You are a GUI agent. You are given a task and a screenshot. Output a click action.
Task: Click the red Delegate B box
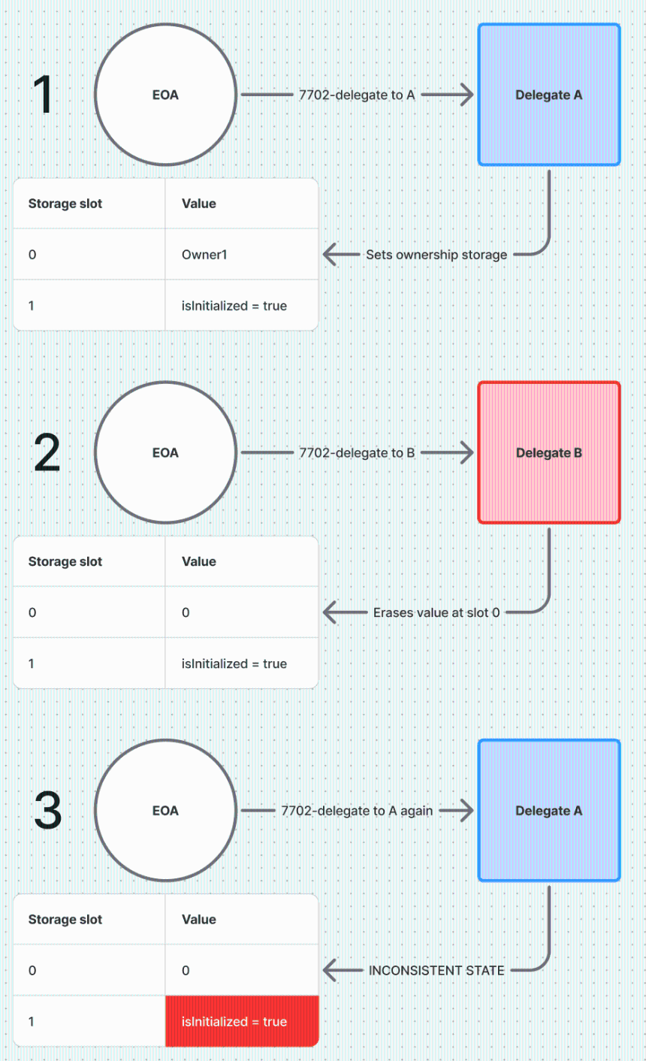coord(549,452)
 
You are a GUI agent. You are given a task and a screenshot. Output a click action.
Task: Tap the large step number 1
coord(43,94)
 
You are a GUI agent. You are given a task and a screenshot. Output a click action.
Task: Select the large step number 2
coord(47,452)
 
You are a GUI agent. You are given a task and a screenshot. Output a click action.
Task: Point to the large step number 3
coord(48,811)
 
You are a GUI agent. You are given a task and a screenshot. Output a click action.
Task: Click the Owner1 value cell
coord(242,255)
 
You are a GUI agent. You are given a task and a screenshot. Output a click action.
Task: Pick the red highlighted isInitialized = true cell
coord(242,1021)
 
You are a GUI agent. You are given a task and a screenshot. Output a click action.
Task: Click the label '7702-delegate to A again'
coord(357,811)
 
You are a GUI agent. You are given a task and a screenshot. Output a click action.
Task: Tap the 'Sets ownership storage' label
coord(436,255)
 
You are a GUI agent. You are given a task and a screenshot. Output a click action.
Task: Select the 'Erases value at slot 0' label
coord(436,612)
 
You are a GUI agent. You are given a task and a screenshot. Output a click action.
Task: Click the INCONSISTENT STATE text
coord(436,971)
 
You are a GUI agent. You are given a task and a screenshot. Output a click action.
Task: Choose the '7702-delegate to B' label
coord(357,452)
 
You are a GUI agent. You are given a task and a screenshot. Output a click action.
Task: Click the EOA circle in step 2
coord(166,452)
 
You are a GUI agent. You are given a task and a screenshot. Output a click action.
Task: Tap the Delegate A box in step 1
coord(549,94)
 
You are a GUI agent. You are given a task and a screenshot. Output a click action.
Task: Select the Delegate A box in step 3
coord(549,811)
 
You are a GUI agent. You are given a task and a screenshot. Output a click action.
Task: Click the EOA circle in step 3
coord(166,811)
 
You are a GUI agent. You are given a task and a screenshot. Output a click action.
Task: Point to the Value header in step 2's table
coord(199,561)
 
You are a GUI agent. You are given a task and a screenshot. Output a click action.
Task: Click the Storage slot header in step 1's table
coord(65,203)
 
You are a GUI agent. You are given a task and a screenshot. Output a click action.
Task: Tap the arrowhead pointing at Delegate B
coord(466,452)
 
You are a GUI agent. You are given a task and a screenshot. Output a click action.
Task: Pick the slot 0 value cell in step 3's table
coord(242,970)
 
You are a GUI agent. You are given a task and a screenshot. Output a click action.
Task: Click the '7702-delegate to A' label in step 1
coord(357,94)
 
